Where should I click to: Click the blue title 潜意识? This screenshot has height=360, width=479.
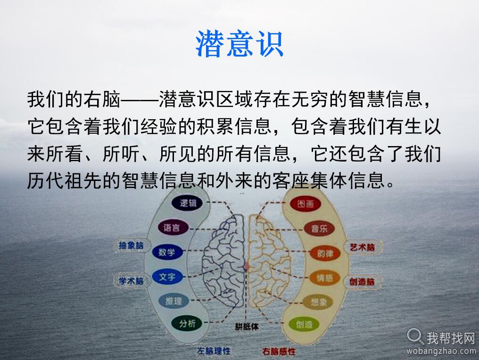coord(239,44)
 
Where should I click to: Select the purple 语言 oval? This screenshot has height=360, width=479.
coord(172,228)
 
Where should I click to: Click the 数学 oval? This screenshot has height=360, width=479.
coord(166,252)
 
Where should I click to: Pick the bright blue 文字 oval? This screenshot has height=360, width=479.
coord(167,277)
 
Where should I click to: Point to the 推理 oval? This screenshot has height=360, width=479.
coord(173,300)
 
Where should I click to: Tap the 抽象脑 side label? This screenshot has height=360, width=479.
coord(131,245)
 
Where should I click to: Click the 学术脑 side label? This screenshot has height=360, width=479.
coord(131,281)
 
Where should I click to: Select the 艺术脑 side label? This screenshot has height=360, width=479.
coord(362,247)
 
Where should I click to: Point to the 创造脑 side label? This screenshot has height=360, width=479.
coord(362,282)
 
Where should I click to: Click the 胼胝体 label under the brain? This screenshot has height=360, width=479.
coord(247,326)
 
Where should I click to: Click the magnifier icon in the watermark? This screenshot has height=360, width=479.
coord(415,335)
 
